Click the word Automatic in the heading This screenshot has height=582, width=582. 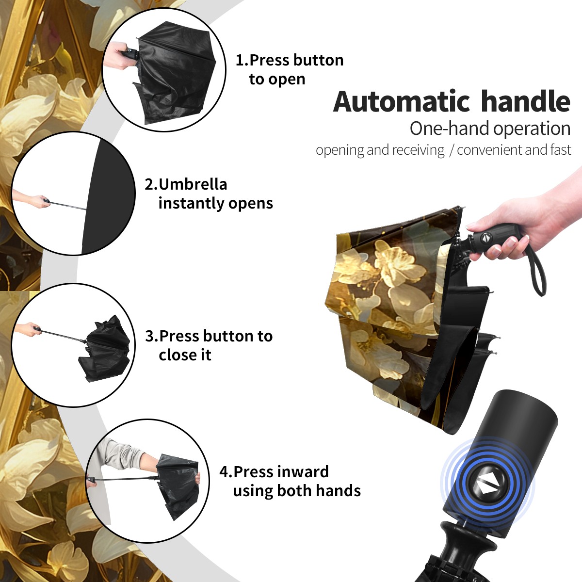pos(402,102)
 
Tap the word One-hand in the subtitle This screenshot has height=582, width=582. pos(450,129)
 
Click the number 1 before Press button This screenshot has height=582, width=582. pos(239,60)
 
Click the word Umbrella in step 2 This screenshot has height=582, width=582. pos(193,184)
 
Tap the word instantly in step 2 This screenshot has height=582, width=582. pos(192,203)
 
